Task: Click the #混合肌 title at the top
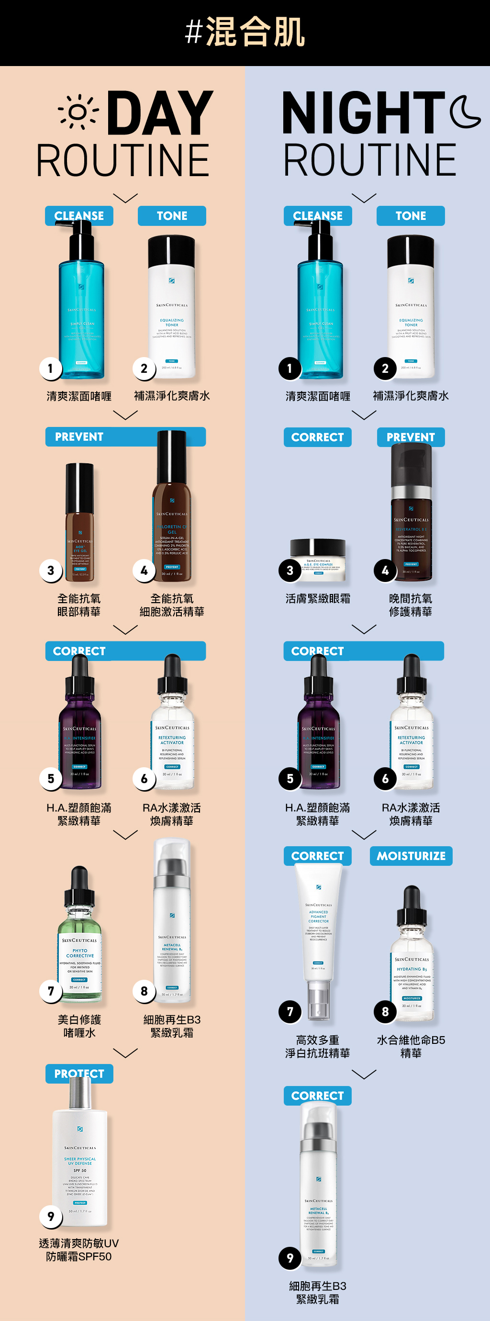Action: coord(245,32)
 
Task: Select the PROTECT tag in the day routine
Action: coord(79,1073)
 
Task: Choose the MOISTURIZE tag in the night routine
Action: coord(411,856)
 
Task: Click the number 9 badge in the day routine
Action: coord(51,1216)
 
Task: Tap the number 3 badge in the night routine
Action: coord(290,570)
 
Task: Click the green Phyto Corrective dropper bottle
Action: coord(80,939)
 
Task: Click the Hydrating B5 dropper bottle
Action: coord(412,959)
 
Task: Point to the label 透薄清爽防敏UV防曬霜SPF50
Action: coord(79,1250)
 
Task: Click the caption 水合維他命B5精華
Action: coord(411,1046)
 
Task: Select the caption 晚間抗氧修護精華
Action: coord(411,605)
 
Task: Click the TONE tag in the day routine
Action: coord(172,216)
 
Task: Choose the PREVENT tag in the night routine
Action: coord(411,437)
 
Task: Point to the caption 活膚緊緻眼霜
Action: coord(318,598)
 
